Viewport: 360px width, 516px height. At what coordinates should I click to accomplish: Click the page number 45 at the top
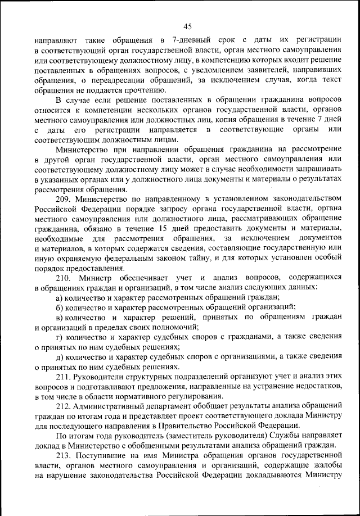[187, 25]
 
